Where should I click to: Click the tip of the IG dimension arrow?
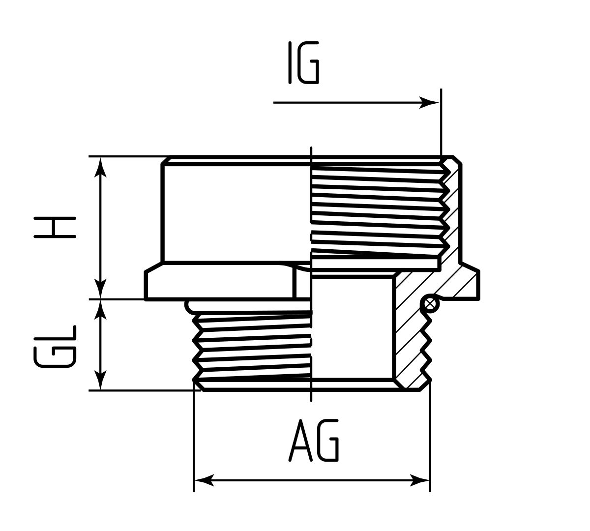[x=439, y=103]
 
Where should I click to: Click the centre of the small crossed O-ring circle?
[x=430, y=304]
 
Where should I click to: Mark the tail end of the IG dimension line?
[x=273, y=103]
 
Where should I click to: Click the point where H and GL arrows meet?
[x=100, y=299]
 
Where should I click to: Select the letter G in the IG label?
[x=308, y=62]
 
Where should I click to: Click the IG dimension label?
[x=303, y=62]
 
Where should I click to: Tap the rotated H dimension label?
[x=55, y=228]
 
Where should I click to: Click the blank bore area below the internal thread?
[x=352, y=328]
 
